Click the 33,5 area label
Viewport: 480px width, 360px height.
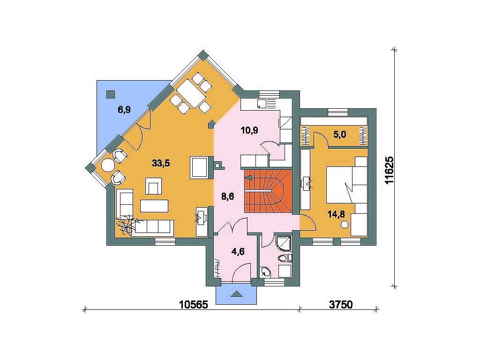click(x=161, y=164)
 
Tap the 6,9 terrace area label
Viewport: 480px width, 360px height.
click(x=124, y=109)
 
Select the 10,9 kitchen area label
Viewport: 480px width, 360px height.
click(x=249, y=130)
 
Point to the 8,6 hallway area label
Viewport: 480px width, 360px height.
click(x=228, y=196)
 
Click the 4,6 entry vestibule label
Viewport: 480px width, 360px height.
click(x=238, y=252)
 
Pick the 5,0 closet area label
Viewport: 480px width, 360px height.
click(x=340, y=134)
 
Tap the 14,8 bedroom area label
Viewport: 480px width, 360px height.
click(x=337, y=214)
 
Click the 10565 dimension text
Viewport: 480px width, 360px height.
click(x=194, y=305)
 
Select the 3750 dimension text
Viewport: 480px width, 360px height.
click(x=341, y=305)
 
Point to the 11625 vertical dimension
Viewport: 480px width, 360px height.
click(x=390, y=170)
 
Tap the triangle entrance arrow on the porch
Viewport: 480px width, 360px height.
click(x=236, y=294)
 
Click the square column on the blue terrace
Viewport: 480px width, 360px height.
click(x=111, y=94)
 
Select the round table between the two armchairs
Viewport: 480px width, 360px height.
click(x=107, y=165)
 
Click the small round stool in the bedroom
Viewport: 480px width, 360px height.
click(x=345, y=225)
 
